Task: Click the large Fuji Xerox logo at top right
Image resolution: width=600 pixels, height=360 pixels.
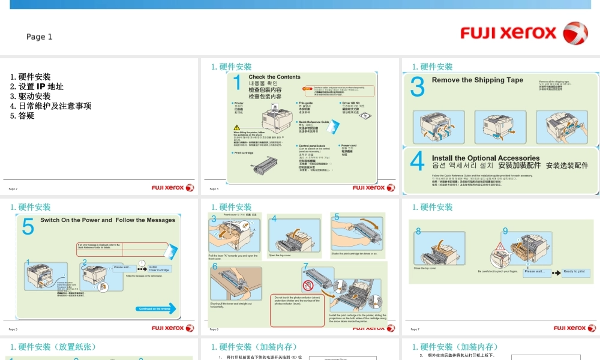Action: click(x=524, y=33)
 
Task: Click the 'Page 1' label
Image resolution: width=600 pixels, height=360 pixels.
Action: click(x=39, y=37)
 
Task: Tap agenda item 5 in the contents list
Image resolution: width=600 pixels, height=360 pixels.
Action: click(x=22, y=115)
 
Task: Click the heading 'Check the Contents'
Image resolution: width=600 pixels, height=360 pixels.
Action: click(x=274, y=77)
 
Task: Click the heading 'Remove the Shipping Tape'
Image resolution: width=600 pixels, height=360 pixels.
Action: click(x=477, y=80)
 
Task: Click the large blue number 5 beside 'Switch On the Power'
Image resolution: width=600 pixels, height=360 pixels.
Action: click(x=28, y=228)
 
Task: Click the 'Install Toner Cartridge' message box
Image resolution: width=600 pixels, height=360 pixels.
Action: click(x=160, y=269)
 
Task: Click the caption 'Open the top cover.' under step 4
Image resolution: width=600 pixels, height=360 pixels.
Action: click(x=280, y=256)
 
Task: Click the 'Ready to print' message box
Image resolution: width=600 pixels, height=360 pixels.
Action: click(x=574, y=272)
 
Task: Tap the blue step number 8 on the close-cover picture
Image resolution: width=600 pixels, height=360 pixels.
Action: click(x=418, y=231)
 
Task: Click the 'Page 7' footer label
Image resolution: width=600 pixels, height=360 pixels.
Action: click(x=415, y=329)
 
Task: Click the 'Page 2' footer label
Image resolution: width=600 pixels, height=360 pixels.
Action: click(x=13, y=188)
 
